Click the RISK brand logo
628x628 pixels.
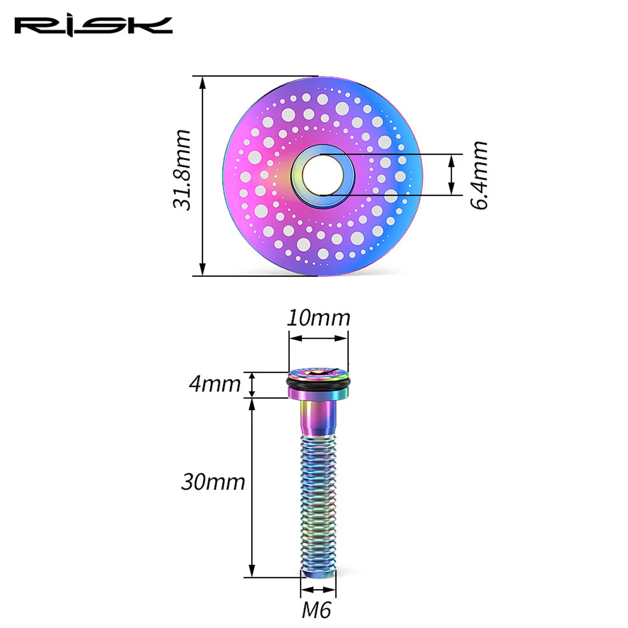click(93, 27)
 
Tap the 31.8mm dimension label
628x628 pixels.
click(181, 170)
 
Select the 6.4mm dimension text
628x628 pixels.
click(479, 175)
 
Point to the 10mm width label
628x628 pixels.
click(318, 318)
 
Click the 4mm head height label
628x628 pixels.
click(215, 384)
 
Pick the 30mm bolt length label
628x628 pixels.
click(213, 482)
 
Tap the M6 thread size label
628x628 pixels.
click(316, 610)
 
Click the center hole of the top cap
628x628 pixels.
click(323, 175)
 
